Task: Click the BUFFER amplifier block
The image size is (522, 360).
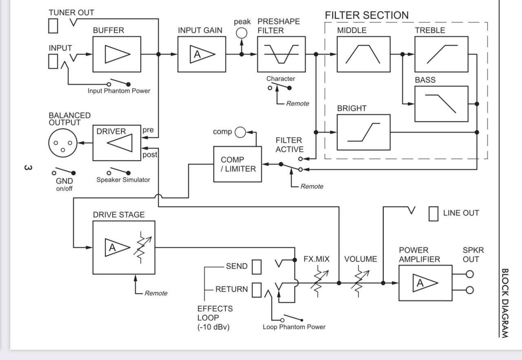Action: [x=117, y=54]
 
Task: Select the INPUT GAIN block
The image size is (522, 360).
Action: [x=202, y=54]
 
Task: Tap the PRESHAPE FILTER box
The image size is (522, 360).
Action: [x=281, y=54]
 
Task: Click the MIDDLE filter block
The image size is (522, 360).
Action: [x=363, y=54]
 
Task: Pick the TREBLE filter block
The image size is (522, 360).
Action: [x=441, y=54]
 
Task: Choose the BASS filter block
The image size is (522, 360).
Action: [x=441, y=104]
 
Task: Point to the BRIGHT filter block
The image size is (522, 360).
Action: [x=363, y=132]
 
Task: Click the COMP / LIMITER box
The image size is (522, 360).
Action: [x=238, y=164]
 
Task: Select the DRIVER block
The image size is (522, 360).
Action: [x=117, y=143]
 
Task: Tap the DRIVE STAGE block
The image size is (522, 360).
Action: [x=124, y=247]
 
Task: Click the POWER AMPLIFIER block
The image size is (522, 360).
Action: [x=425, y=283]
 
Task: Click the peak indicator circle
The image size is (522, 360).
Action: [x=242, y=33]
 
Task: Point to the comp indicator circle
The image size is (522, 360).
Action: [x=240, y=132]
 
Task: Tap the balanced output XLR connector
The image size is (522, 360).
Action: [x=63, y=143]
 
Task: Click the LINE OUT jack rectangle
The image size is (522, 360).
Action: [x=434, y=213]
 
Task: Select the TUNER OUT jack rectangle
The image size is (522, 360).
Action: [x=53, y=26]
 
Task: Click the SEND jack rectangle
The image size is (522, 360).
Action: [x=257, y=267]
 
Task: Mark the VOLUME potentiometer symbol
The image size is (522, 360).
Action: [x=360, y=282]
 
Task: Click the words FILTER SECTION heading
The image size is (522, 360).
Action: [x=367, y=15]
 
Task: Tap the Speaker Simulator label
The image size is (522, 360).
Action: [x=123, y=180]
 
